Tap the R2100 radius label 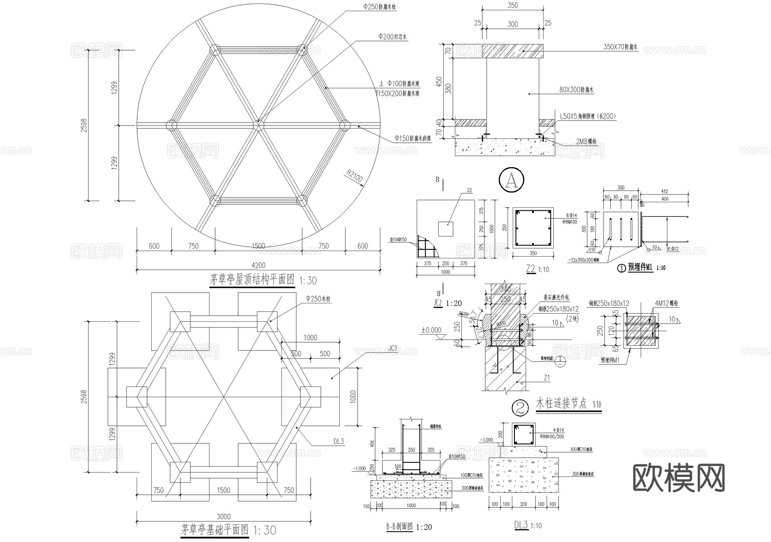point(355,177)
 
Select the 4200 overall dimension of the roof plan point(258,265)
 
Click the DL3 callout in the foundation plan point(338,441)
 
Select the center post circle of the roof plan point(258,126)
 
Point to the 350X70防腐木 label point(621,47)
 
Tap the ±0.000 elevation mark point(431,330)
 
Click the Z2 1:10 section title point(537,269)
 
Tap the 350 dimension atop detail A point(513,6)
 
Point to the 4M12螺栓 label point(666,303)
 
